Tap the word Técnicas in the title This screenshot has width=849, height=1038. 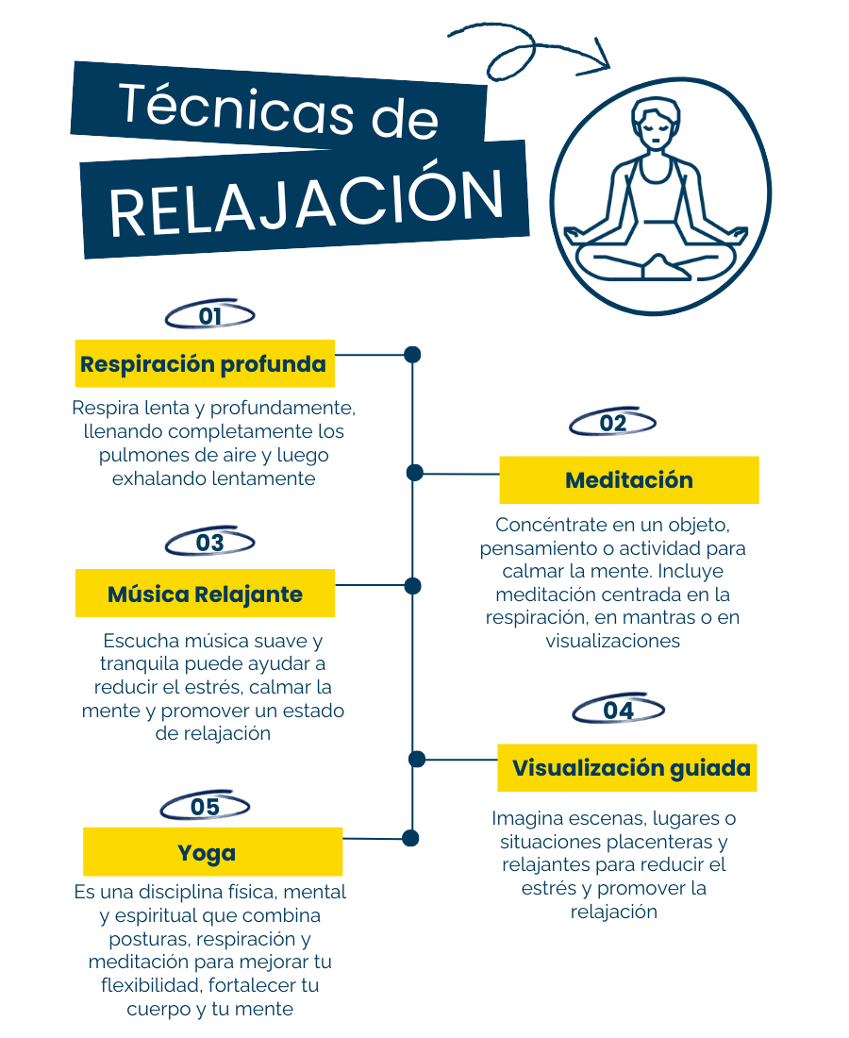pyautogui.click(x=237, y=109)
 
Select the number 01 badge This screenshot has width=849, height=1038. pyautogui.click(x=209, y=315)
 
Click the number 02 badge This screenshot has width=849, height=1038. pyautogui.click(x=613, y=423)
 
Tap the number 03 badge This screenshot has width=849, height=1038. pyautogui.click(x=209, y=543)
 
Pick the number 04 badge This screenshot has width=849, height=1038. pyautogui.click(x=618, y=710)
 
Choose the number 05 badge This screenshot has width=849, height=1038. pyautogui.click(x=205, y=806)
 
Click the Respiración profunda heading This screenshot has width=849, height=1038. pyautogui.click(x=205, y=363)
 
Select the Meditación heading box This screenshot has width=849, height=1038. pyautogui.click(x=628, y=480)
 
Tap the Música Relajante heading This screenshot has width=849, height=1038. pyautogui.click(x=205, y=594)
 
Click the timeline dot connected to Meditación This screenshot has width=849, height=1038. pyautogui.click(x=415, y=473)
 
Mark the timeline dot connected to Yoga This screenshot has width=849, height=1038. pyautogui.click(x=411, y=838)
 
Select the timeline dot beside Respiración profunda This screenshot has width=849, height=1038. pyautogui.click(x=412, y=355)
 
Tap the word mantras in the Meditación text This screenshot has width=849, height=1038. pyautogui.click(x=651, y=618)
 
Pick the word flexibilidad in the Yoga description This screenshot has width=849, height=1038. pyautogui.click(x=152, y=985)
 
